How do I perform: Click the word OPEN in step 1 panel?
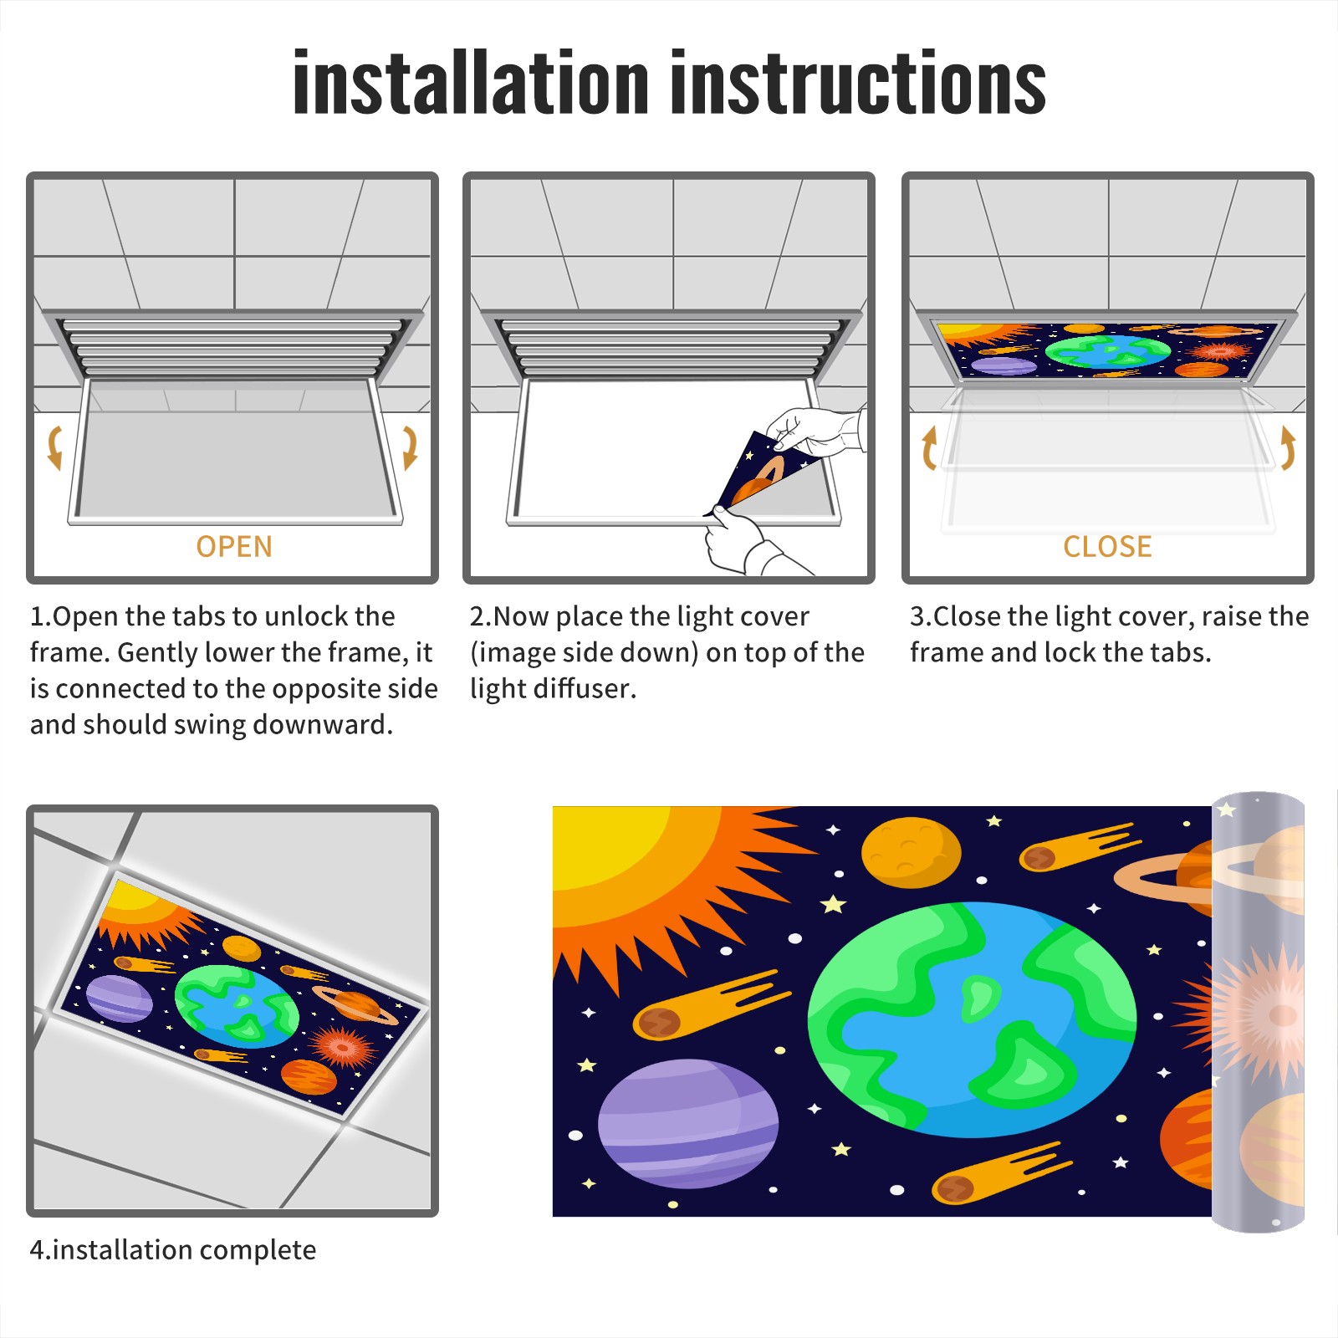click(x=234, y=547)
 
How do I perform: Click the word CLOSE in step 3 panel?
click(x=1107, y=547)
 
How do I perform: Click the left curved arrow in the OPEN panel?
click(x=54, y=447)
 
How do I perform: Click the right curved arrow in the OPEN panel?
click(x=410, y=447)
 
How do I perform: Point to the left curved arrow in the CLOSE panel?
click(x=928, y=447)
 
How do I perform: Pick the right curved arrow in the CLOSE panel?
click(x=1288, y=447)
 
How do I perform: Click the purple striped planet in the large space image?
click(x=688, y=1123)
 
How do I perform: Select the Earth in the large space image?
click(x=972, y=1019)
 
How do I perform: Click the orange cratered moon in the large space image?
click(x=911, y=852)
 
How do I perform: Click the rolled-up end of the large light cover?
click(x=1258, y=1012)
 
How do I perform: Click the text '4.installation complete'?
click(x=173, y=1250)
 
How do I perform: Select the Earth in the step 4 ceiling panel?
click(x=237, y=1006)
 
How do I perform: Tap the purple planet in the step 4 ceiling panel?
click(x=120, y=998)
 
